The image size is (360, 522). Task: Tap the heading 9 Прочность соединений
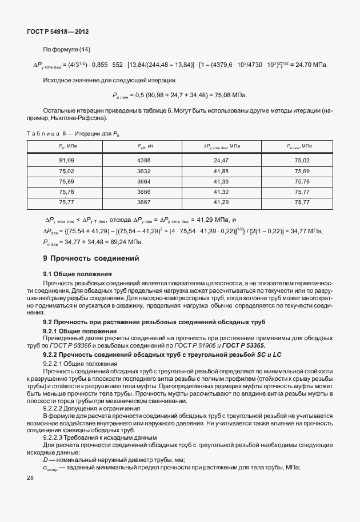click(91, 258)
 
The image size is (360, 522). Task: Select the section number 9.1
click(48, 274)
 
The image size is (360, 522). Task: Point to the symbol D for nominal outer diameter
click(46, 460)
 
